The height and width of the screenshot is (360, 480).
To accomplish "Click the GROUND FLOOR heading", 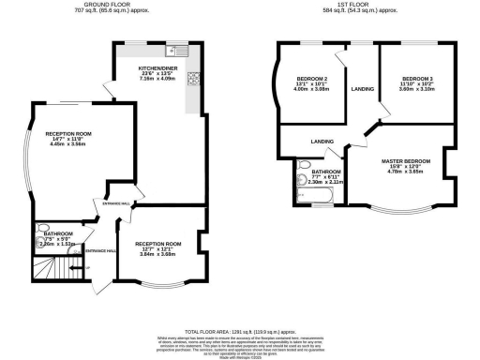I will tap(106, 5).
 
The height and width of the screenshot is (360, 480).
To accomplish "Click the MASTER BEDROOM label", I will tap(406, 161).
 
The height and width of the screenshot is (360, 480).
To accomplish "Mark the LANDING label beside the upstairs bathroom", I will tap(322, 142).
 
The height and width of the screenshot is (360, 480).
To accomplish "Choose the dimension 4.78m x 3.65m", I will tap(406, 172).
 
